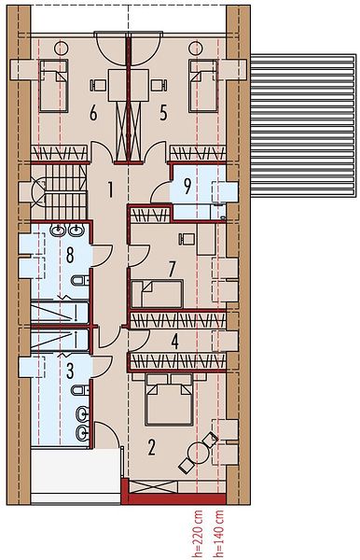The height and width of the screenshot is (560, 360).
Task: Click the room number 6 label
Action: coord(93,114)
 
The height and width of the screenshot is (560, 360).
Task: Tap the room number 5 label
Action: coord(163,114)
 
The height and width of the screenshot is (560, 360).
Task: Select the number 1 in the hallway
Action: coord(111,189)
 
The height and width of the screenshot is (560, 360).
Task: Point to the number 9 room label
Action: coord(187,186)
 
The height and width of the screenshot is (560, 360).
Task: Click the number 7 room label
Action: coord(172,269)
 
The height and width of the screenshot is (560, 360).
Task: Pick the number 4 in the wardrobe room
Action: coord(174,342)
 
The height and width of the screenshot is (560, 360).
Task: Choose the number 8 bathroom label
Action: coord(70,255)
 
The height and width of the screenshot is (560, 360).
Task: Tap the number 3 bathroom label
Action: coord(70,371)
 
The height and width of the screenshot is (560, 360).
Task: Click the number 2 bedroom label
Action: coord(151,447)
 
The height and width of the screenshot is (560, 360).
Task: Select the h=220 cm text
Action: coord(198,534)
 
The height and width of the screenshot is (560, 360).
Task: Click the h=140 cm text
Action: coord(218,534)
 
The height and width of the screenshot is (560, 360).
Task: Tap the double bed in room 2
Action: coord(169,399)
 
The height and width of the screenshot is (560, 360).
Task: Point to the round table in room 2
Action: coord(199,453)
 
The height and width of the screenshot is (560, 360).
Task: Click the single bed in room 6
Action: coord(53,86)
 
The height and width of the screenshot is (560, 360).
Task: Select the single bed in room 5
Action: coord(203,86)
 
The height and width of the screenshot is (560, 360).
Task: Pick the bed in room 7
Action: coord(158,294)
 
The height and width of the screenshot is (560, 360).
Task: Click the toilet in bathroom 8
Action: coord(79,280)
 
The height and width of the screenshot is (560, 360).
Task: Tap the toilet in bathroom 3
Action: coord(79,390)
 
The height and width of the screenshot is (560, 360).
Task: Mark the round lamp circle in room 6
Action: coord(62,49)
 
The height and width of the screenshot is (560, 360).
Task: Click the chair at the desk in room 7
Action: coord(187,239)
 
